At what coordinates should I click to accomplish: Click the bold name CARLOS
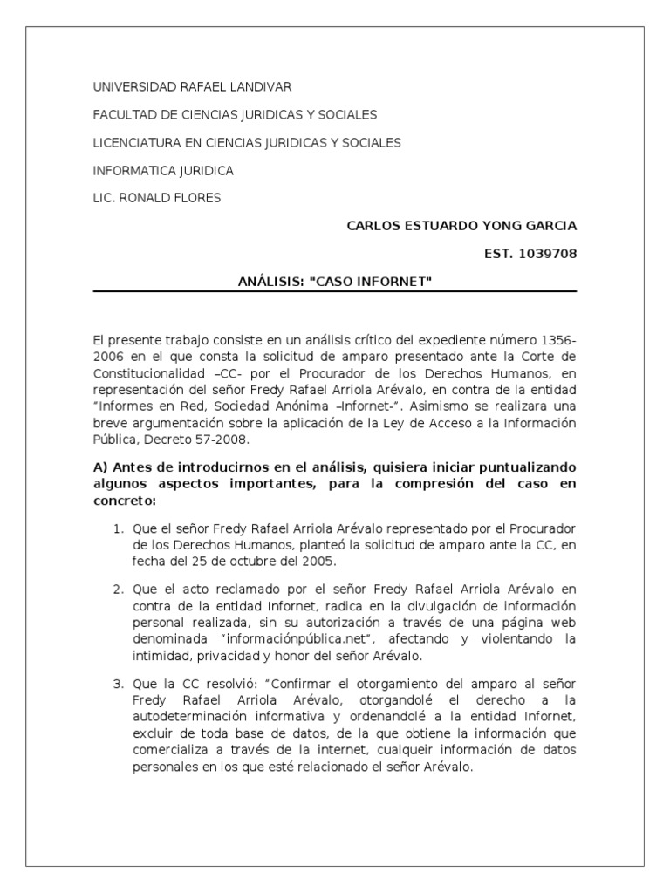(373, 226)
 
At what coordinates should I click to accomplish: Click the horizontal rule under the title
(335, 291)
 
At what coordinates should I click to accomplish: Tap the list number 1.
(119, 529)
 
